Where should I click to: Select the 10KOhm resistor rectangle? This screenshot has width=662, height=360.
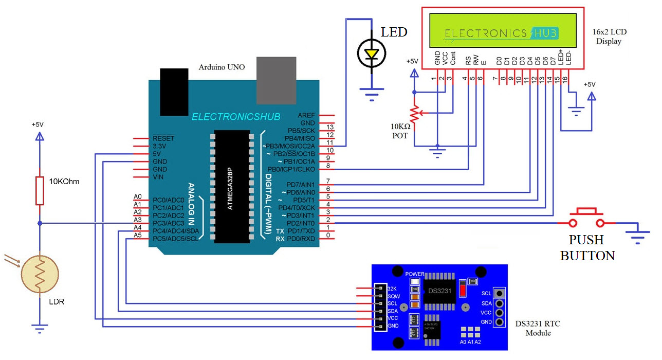tap(40, 190)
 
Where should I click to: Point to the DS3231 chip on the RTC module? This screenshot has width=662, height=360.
tap(439, 291)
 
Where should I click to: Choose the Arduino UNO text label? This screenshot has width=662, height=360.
tap(222, 67)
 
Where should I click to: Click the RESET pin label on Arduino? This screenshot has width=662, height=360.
tap(163, 139)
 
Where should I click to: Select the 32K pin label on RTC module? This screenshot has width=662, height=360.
tap(392, 289)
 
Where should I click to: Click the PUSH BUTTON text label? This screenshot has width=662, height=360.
tap(586, 247)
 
